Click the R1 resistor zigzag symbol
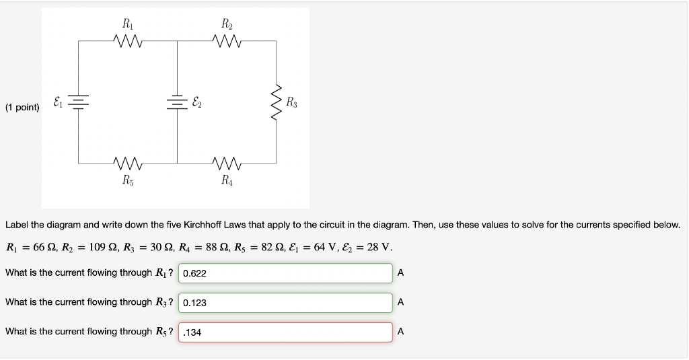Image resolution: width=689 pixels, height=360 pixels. tap(128, 42)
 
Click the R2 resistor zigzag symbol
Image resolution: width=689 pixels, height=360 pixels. tap(226, 42)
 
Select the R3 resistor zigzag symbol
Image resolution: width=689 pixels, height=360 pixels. tap(276, 103)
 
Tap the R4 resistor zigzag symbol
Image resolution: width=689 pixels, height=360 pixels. tap(226, 163)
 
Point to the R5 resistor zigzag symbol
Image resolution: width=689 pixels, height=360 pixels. tap(128, 163)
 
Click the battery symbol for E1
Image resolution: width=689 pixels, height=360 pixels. tap(79, 102)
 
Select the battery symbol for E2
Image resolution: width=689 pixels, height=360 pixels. tap(177, 102)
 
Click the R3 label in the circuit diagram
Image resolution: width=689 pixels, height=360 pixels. tap(291, 103)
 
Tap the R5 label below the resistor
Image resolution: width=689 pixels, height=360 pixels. tap(128, 180)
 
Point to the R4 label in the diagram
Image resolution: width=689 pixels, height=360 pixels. tap(226, 180)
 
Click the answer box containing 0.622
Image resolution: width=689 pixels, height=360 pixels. tap(285, 273)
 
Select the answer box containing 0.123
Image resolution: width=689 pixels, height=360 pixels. tap(285, 303)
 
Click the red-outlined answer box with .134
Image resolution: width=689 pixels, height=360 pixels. tap(285, 332)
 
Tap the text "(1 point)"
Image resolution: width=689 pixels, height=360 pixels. tap(22, 107)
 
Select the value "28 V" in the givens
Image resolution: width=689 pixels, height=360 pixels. tap(379, 247)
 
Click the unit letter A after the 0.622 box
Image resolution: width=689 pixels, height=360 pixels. tap(401, 273)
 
